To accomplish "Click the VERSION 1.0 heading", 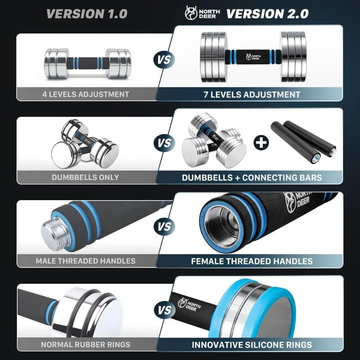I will click(x=87, y=14).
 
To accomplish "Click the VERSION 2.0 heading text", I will click(x=267, y=14).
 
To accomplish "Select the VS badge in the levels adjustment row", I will click(x=164, y=59).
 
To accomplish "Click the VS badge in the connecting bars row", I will click(x=164, y=143).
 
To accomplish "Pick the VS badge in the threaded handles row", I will click(x=164, y=227).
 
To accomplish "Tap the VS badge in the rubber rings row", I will click(x=164, y=310).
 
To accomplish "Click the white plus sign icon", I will click(x=261, y=143).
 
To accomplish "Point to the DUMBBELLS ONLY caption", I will click(x=85, y=177).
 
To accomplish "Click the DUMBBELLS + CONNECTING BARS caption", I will click(x=252, y=177).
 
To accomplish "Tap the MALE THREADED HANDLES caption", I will click(x=86, y=261).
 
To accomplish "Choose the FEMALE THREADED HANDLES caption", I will click(x=252, y=261).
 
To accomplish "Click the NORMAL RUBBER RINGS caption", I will click(x=86, y=345).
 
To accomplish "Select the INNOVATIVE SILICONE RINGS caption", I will click(x=252, y=345).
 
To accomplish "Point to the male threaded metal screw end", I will click(x=52, y=233).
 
